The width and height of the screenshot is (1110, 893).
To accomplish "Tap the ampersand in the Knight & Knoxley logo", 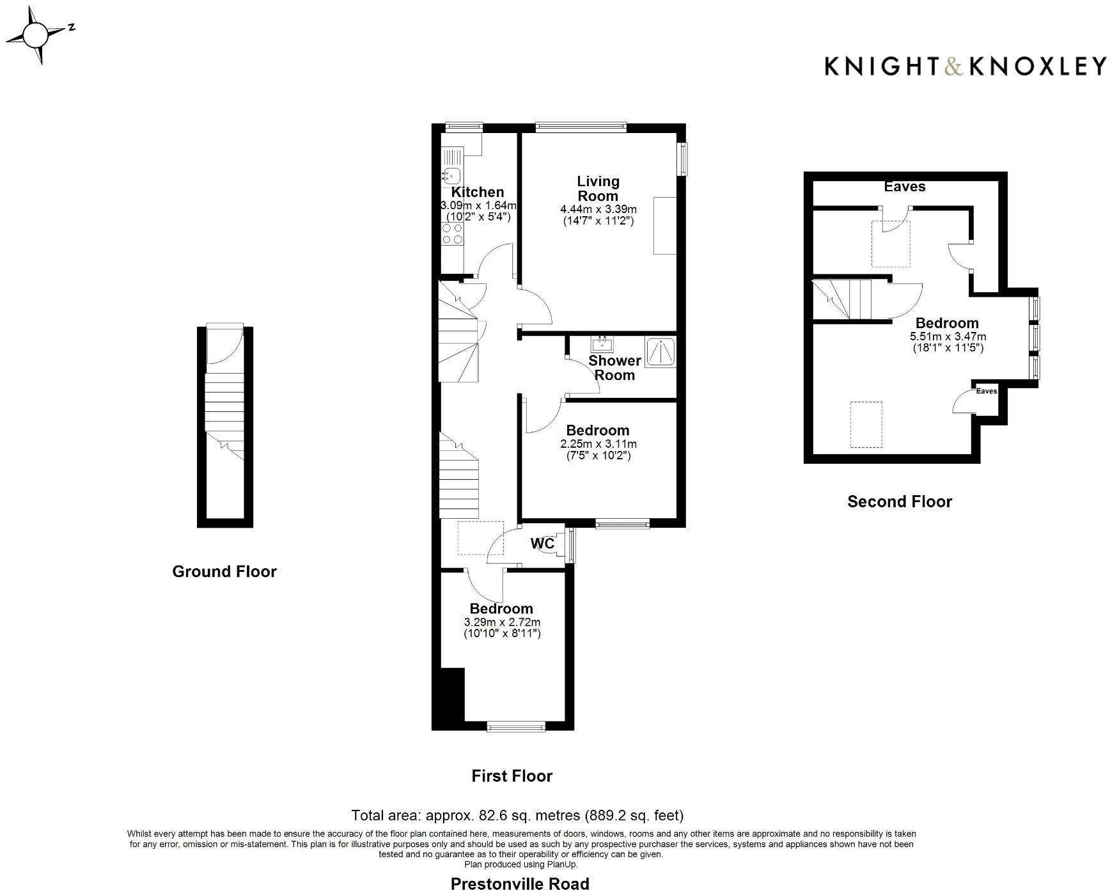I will pos(953,67).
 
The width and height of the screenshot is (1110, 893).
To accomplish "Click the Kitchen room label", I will pos(478,192).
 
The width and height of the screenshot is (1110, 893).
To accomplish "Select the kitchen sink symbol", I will pos(451,174).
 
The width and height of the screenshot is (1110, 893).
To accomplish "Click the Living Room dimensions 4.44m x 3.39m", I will pos(598,209).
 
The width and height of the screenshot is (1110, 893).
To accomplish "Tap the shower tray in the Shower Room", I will pos(661,352).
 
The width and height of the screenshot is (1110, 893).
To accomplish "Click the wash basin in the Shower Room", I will pos(603,344).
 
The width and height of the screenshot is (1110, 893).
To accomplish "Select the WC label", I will pos(542,543).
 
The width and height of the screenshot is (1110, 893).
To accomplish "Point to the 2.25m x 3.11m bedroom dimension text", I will pos(598,443).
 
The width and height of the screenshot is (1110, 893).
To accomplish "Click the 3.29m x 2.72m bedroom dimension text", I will pos(502,622).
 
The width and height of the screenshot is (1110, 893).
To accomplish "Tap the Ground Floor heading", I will pos(224,571).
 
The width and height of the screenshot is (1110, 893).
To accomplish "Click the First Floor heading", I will pos(512,776).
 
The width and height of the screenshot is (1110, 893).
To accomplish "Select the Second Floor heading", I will pos(899,502).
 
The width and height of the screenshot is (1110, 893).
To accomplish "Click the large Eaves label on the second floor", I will pos(904,186).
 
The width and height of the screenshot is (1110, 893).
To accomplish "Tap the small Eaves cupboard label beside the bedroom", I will pos(986,391).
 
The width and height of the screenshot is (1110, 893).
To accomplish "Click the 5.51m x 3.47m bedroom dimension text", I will pos(948,336).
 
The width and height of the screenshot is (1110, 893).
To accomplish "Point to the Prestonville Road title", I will pos(519,884).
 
